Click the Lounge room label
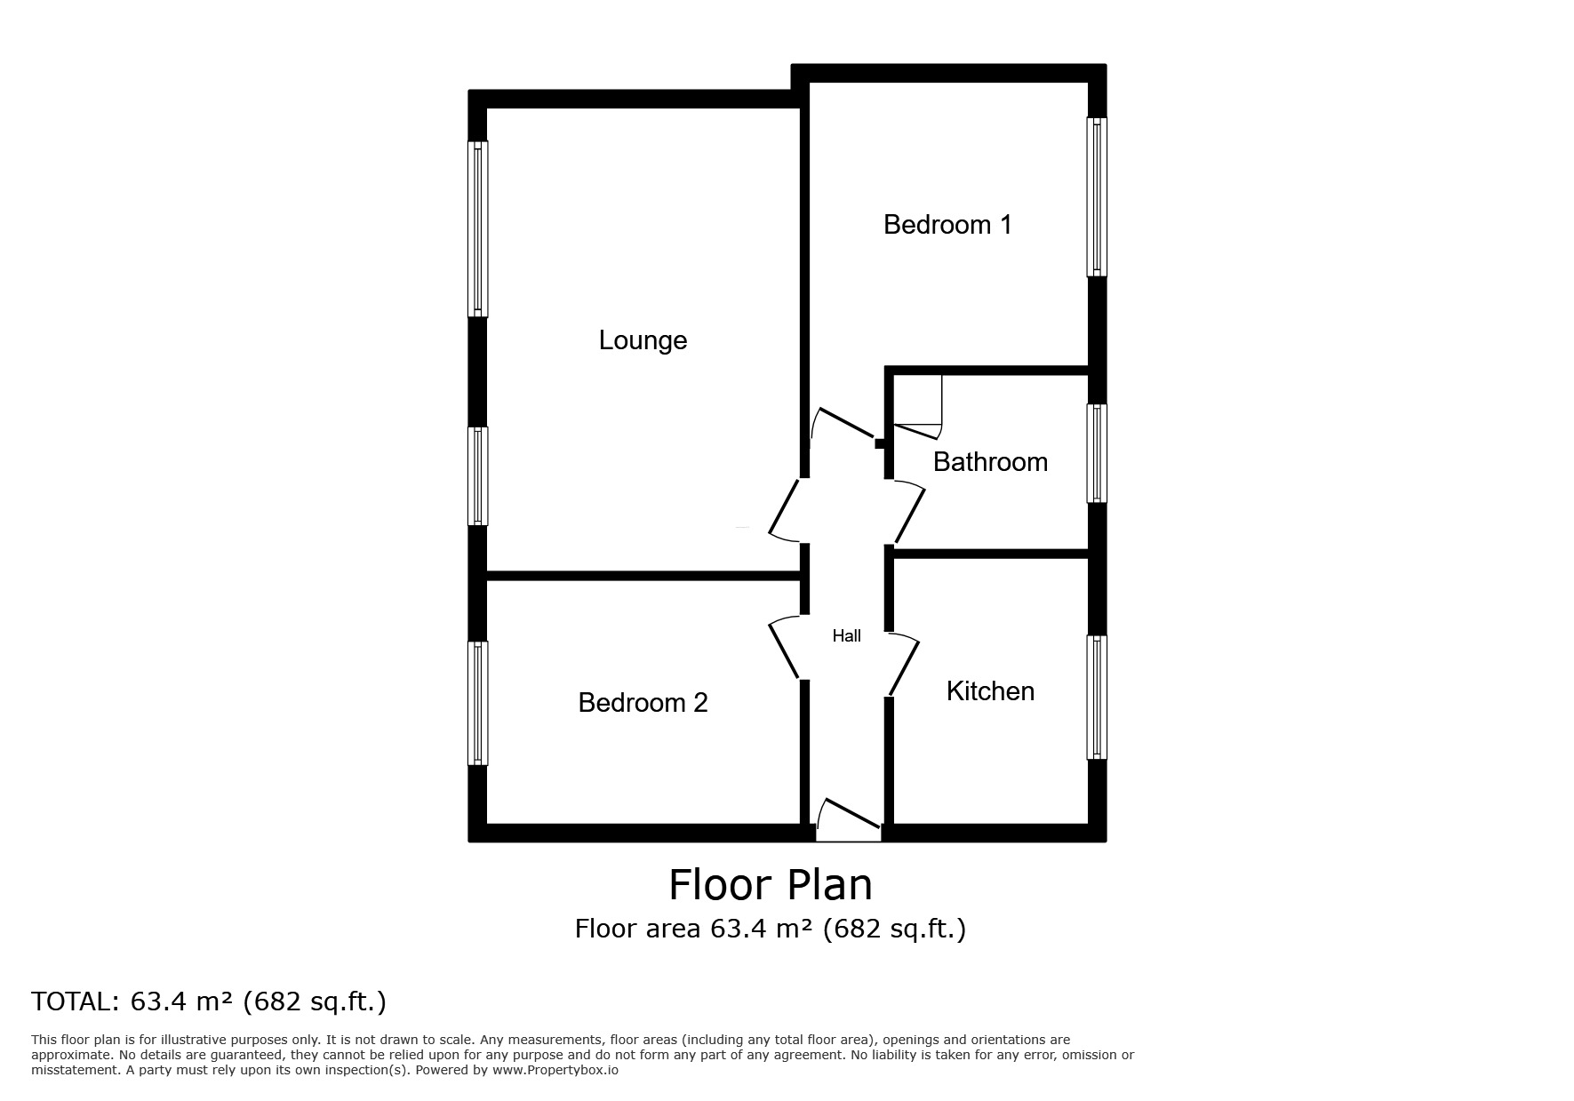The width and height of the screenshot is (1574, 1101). click(643, 340)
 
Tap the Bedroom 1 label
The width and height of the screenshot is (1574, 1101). click(947, 225)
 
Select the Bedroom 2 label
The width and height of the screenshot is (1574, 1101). click(643, 703)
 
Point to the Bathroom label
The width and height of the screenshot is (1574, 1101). click(990, 462)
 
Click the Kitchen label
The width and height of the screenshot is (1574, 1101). click(990, 691)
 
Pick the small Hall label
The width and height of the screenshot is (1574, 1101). click(846, 636)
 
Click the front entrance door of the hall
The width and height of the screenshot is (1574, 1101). click(849, 819)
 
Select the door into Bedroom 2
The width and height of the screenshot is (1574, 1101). click(784, 649)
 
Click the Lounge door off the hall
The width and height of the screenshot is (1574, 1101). click(784, 511)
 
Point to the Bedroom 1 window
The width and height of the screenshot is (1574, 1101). click(1097, 196)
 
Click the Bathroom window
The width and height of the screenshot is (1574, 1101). click(1097, 453)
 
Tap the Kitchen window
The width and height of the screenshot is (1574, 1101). click(1097, 698)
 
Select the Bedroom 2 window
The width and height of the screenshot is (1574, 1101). click(478, 703)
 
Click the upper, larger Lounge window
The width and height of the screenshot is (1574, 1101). click(478, 228)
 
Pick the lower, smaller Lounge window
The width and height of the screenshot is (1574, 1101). click(478, 475)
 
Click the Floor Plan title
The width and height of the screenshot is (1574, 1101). click(770, 885)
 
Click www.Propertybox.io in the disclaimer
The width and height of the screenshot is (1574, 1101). click(555, 1070)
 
